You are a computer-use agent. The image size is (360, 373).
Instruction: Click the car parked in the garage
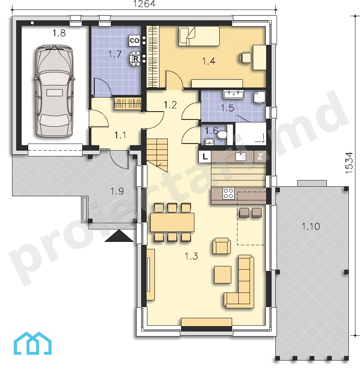54,91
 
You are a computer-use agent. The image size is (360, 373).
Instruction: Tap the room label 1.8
59,33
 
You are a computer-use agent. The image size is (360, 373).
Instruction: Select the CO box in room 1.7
134,40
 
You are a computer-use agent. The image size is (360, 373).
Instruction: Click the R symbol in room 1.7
136,58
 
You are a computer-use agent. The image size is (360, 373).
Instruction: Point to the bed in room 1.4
199,36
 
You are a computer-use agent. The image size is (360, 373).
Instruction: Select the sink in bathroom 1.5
234,95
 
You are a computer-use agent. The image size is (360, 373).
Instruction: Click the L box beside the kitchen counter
205,156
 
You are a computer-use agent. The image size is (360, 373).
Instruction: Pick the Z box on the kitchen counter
260,156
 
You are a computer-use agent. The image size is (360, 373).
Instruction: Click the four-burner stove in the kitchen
228,193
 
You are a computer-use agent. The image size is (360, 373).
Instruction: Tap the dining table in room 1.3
172,222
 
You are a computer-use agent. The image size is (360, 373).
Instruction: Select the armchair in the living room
222,246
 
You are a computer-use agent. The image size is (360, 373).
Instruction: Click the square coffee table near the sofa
223,275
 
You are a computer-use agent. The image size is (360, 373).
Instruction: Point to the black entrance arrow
119,236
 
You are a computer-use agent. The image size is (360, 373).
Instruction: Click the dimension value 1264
144,4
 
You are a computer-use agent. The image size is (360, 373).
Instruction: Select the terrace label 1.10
311,226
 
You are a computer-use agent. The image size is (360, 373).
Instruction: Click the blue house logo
32,343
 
